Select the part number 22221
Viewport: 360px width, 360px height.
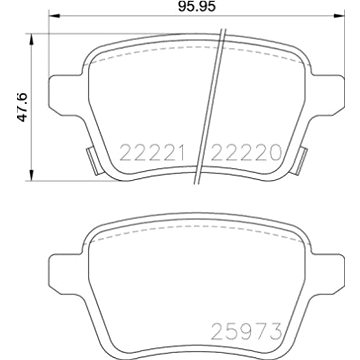(147, 152)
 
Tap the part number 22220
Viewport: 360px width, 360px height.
(236, 152)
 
